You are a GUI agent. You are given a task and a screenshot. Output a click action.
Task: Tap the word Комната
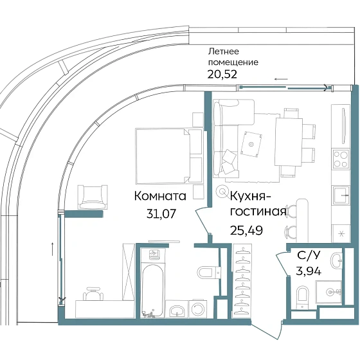click(160, 196)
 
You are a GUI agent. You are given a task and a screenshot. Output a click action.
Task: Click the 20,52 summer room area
click(221, 74)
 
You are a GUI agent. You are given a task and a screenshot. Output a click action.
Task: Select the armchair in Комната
click(89, 195)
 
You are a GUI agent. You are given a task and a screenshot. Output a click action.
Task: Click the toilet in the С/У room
click(302, 297)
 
